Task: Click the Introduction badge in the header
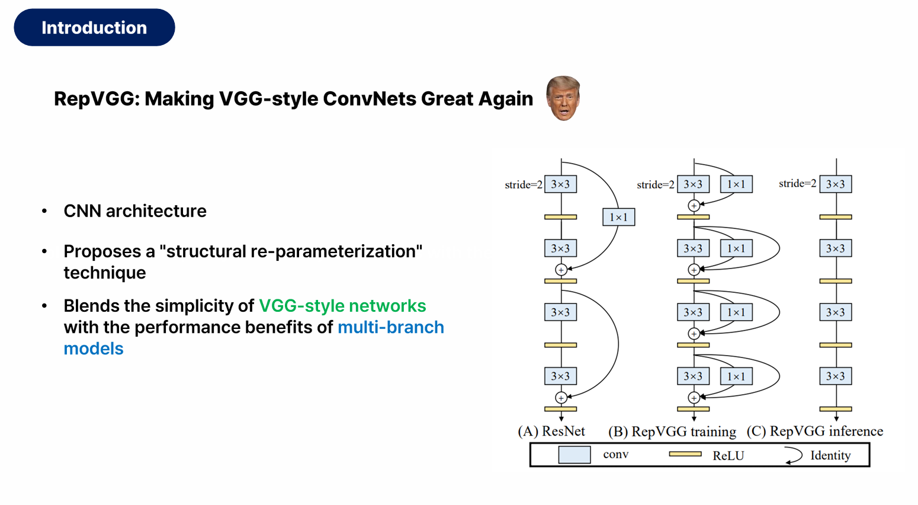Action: (x=94, y=27)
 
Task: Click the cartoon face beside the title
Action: (x=563, y=98)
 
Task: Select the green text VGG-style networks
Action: (x=342, y=306)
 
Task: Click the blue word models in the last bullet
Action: (x=94, y=349)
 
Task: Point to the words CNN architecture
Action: (x=135, y=211)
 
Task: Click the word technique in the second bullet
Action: (x=105, y=273)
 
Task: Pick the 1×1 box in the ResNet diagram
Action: (x=618, y=217)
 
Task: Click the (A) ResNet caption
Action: (x=551, y=431)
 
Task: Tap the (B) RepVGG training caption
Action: (x=672, y=431)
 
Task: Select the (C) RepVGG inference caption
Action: (x=815, y=431)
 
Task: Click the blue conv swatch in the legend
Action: (x=574, y=455)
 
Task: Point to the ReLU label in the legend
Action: (x=728, y=455)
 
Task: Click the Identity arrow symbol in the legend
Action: (x=794, y=455)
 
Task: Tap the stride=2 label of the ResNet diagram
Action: (x=523, y=184)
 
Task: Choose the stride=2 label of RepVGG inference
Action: (x=797, y=184)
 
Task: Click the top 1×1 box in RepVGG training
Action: (x=736, y=184)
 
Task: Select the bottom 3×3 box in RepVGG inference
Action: (x=836, y=376)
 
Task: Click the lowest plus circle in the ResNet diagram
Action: (x=561, y=398)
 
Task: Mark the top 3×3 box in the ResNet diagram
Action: (x=560, y=184)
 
